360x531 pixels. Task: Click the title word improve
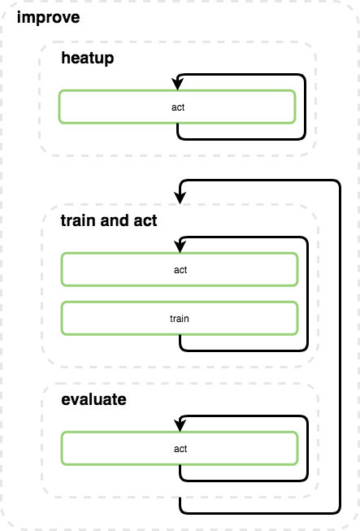click(x=48, y=17)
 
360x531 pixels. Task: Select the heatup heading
click(x=88, y=59)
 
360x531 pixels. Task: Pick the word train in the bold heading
click(x=77, y=220)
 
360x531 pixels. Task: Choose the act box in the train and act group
click(x=180, y=270)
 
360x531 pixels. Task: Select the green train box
click(x=180, y=319)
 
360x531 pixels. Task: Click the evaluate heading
click(x=94, y=400)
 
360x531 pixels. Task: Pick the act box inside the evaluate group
click(x=180, y=449)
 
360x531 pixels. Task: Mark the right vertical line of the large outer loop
click(x=339, y=350)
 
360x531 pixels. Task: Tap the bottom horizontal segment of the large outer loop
click(x=260, y=513)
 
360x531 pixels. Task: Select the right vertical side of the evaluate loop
click(x=307, y=449)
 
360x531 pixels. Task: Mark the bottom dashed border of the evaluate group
click(x=179, y=497)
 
